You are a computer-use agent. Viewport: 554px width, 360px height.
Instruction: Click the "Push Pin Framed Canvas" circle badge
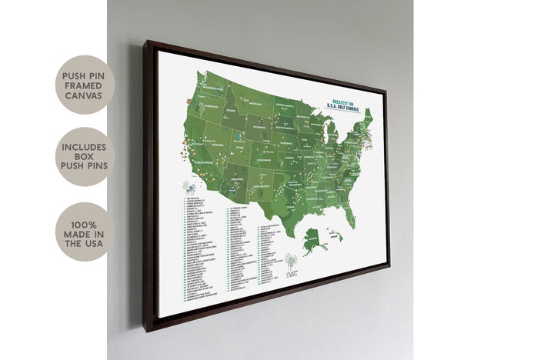coord(85,85)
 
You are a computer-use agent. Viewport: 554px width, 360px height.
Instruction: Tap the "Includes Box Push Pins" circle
coord(85,156)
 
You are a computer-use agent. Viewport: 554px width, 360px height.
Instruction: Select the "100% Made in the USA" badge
coord(85,232)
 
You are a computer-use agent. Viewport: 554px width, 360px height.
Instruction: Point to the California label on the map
coord(187,163)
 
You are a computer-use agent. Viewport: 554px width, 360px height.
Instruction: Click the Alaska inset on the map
coord(315,239)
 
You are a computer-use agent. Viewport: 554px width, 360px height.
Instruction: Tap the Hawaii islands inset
coord(337,234)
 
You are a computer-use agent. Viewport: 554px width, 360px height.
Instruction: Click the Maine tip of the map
coord(367,115)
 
